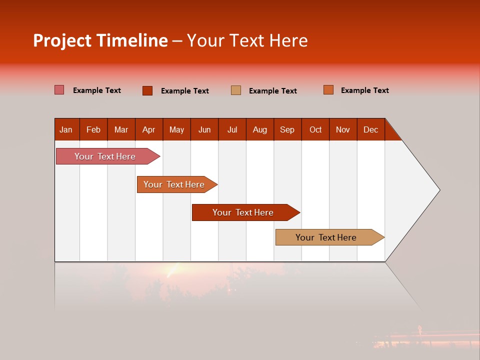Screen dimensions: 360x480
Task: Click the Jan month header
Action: coord(66,129)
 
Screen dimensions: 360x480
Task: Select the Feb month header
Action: coord(93,129)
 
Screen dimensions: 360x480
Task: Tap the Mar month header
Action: coord(121,129)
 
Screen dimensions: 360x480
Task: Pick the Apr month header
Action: coord(148,129)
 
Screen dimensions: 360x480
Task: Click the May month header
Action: coord(176,129)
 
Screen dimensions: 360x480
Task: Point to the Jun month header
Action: coord(204,129)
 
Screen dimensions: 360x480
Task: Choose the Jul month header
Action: coord(232,129)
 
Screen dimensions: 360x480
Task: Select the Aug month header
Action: coord(259,129)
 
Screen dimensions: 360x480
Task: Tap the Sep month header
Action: coord(287,129)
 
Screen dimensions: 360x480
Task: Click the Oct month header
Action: coord(315,129)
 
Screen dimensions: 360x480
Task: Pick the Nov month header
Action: coord(343,129)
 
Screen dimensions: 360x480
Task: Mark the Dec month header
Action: coord(370,129)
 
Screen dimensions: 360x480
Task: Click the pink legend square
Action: coord(59,90)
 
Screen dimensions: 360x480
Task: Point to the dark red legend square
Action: coord(147,90)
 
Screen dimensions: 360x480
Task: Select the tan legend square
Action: coord(236,90)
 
